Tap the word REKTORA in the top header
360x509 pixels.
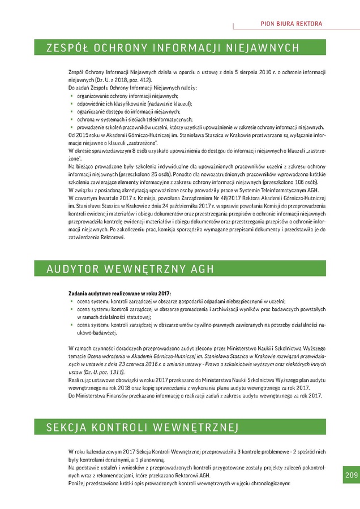pyautogui.click(x=308, y=24)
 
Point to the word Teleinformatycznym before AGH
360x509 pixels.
pyautogui.click(x=272, y=191)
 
